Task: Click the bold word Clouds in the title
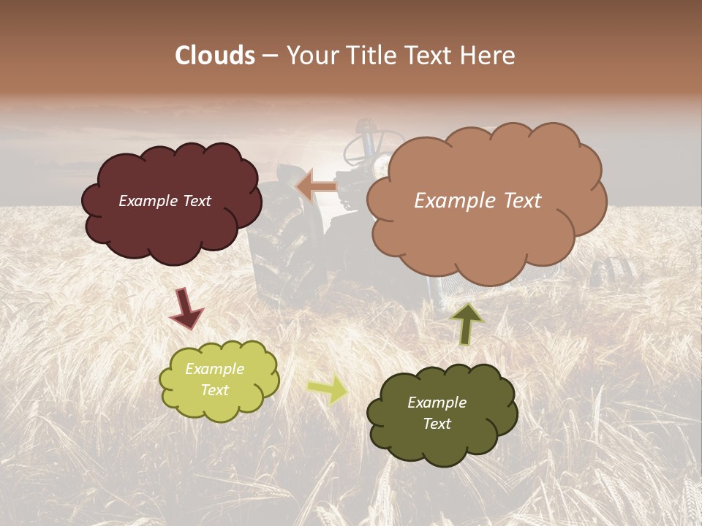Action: [x=215, y=56]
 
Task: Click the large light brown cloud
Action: [x=483, y=241]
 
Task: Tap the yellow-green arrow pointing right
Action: [x=327, y=389]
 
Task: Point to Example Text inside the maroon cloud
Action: [x=165, y=201]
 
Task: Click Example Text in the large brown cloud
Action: [x=478, y=201]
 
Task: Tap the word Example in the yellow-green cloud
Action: [x=214, y=369]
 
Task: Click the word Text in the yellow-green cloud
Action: [x=214, y=390]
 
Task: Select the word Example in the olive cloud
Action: [x=437, y=403]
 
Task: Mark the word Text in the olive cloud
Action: [x=437, y=424]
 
